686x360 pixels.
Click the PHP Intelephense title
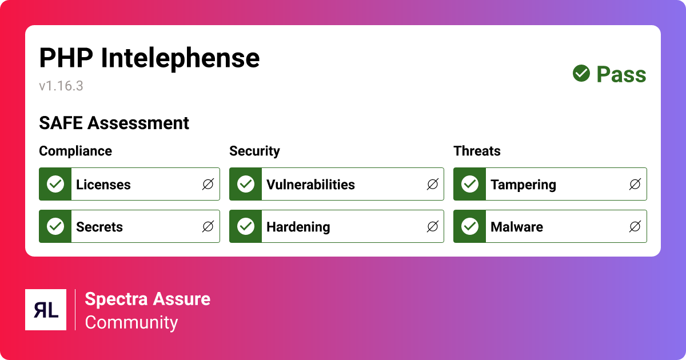coord(149,58)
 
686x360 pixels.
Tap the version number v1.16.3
coord(61,86)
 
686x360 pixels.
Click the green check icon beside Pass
coord(581,73)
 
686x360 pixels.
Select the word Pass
coord(621,74)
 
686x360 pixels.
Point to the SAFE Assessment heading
coord(114,123)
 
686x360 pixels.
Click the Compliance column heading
coord(75,151)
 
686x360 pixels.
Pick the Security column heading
coord(254,151)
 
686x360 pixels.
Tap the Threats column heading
coord(477,151)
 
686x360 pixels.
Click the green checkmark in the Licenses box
coord(55,184)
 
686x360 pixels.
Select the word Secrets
coord(99,227)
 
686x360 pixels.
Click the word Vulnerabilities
coord(310,185)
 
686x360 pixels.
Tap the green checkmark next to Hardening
coord(246,226)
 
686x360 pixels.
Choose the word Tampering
coord(523,185)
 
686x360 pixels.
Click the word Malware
coord(517,227)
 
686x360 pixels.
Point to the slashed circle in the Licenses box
coord(208,184)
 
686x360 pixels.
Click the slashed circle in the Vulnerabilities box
coord(433,184)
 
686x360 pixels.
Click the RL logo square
coord(46,310)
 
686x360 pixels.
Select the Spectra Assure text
coord(147,299)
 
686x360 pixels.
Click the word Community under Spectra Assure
coord(131,322)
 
